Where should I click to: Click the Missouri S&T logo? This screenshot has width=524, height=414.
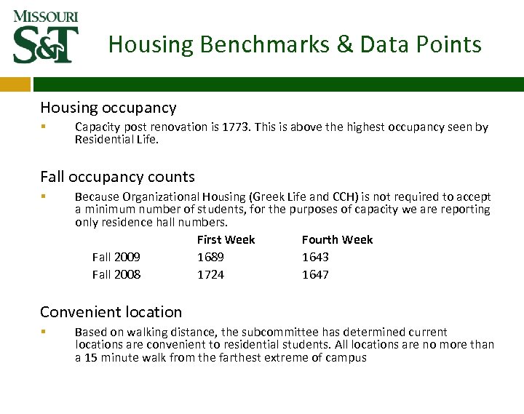[x=45, y=36]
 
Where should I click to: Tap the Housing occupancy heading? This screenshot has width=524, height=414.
[x=108, y=108]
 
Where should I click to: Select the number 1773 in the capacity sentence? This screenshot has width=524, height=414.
[x=294, y=127]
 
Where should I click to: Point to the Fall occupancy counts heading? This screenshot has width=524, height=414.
[x=117, y=177]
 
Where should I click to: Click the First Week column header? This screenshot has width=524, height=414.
[x=226, y=239]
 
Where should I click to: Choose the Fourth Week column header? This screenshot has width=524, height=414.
[x=337, y=239]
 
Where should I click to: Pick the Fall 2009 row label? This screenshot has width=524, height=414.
[x=116, y=257]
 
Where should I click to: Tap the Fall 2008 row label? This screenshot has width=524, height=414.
[x=116, y=274]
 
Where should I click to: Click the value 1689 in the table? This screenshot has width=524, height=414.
[x=210, y=257]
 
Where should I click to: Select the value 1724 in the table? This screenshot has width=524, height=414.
[x=210, y=274]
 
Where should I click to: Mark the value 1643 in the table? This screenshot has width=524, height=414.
[x=315, y=257]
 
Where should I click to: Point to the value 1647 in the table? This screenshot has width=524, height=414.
[x=315, y=274]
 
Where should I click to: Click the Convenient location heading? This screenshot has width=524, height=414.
[x=111, y=312]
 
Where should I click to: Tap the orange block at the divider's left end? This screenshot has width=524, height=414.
[x=15, y=85]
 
